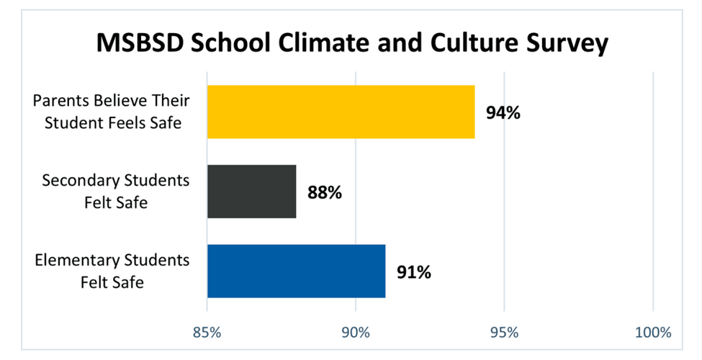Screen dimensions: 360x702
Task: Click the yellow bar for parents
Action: click(x=341, y=112)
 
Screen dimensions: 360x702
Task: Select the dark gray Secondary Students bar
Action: click(x=251, y=192)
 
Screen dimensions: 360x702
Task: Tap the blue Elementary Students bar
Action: click(x=296, y=271)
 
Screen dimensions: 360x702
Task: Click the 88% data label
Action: click(x=324, y=192)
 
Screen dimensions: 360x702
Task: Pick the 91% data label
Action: click(x=413, y=272)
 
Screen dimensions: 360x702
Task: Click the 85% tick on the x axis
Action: click(x=207, y=333)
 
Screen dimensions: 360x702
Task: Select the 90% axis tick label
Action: click(x=356, y=333)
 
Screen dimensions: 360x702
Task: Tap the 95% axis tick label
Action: click(x=504, y=333)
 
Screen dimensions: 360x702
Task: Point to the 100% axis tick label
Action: click(x=653, y=333)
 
